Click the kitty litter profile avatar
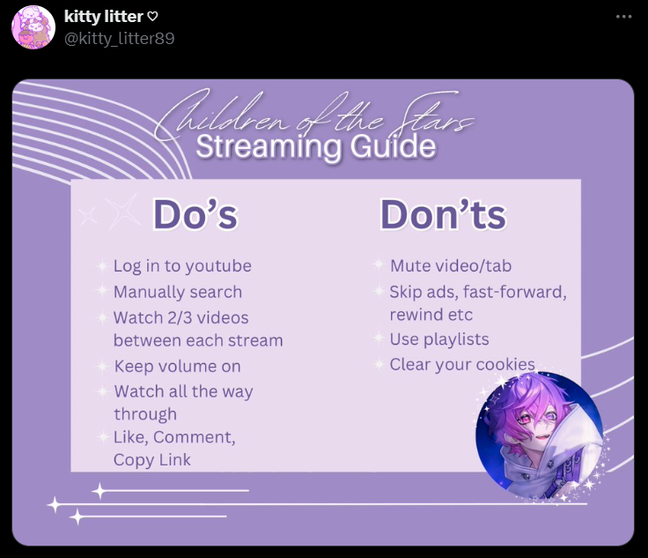coord(33,27)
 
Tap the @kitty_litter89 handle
coord(120,39)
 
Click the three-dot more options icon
coord(623,17)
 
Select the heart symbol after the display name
coord(153,17)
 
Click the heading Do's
coord(195,215)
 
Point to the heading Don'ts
coord(443,215)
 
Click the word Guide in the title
coord(393,146)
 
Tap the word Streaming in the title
coord(269,148)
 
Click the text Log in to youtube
coord(182,266)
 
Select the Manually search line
coord(178,292)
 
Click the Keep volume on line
coord(177,367)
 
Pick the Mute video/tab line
coord(451,265)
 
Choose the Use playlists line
coord(439,339)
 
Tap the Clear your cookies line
coord(462,364)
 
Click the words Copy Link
coord(152,460)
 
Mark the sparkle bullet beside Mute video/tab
coord(378,264)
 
